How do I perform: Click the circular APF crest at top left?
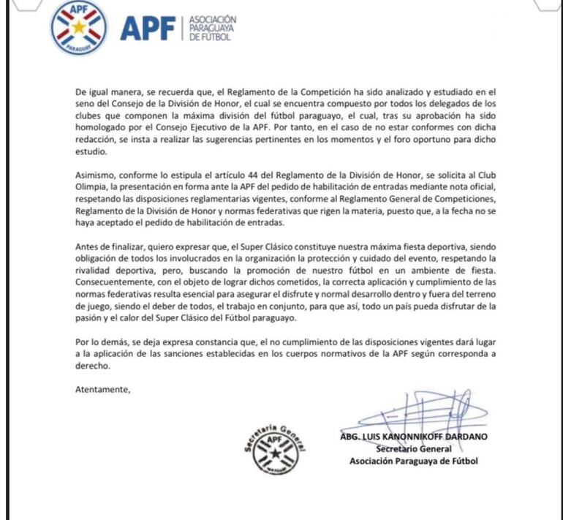[x=78, y=29]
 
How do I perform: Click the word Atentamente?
[x=102, y=388]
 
